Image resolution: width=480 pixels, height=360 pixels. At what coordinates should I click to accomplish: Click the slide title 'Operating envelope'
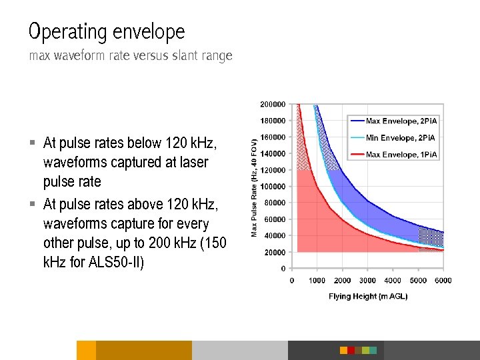point(107,31)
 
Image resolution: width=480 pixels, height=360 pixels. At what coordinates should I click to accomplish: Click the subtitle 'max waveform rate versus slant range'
point(131,56)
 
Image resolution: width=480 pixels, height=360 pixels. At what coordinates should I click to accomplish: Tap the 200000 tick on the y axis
point(273,104)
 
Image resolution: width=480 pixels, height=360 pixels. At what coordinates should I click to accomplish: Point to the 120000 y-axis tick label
point(273,170)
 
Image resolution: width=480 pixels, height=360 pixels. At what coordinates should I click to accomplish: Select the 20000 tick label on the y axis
point(275,253)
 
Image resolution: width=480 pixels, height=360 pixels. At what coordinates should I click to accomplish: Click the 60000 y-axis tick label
point(275,219)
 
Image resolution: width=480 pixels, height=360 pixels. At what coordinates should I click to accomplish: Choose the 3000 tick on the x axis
point(367,281)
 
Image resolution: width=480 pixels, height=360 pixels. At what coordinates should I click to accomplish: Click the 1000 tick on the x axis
point(317,281)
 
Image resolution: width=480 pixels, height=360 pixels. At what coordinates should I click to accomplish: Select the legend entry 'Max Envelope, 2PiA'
point(401,121)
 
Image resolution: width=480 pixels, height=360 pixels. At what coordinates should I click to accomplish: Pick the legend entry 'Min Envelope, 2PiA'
point(400,138)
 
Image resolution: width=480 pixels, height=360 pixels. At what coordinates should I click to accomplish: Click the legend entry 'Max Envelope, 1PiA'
point(401,155)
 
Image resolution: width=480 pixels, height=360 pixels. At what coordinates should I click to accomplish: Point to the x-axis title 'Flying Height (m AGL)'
point(367,296)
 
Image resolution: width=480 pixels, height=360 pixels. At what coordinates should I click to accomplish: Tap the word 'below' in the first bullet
point(146,143)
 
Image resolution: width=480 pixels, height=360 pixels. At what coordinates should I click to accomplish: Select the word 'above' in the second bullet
point(147,205)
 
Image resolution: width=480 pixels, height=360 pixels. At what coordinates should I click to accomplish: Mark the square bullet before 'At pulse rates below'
point(32,143)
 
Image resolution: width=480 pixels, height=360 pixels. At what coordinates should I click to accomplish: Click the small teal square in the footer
point(373,350)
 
